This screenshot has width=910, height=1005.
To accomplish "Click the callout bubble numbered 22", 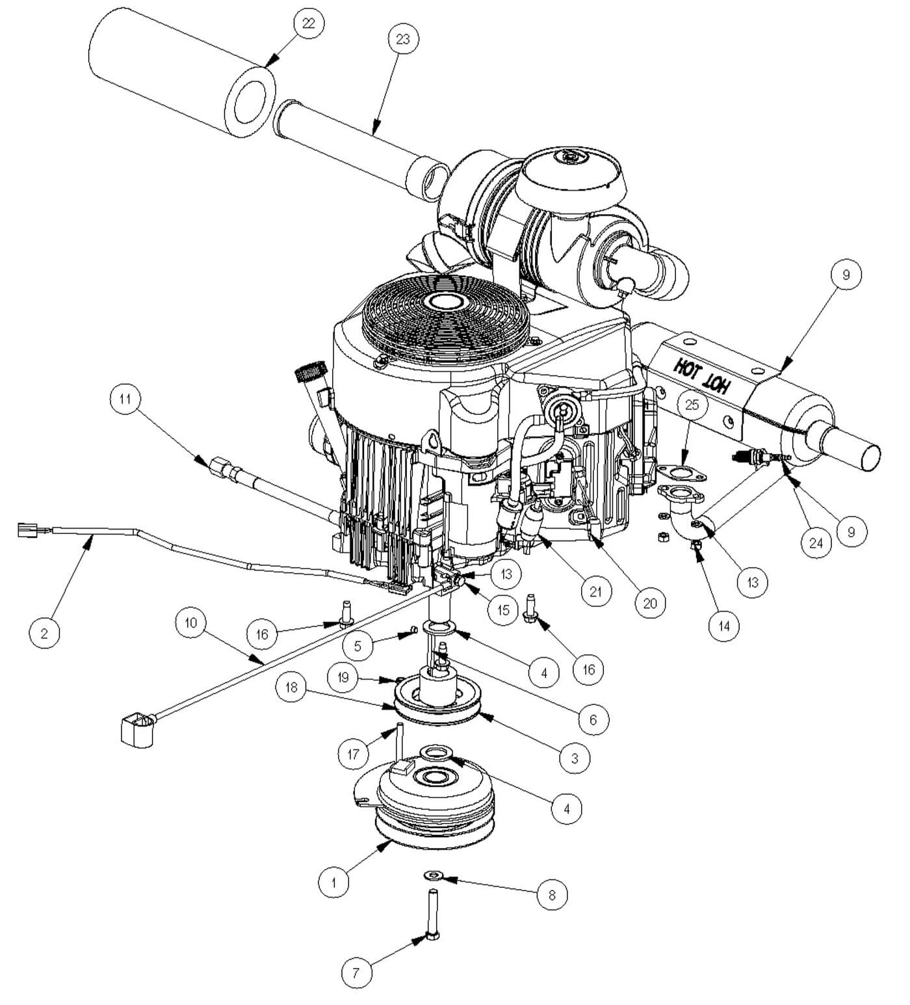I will coord(308,23).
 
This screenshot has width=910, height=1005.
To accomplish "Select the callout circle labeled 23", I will coord(403,39).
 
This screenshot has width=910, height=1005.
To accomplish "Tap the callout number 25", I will coord(692,405).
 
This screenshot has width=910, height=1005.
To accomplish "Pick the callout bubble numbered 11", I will coord(125,397).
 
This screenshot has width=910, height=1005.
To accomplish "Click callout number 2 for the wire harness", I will coord(44,632).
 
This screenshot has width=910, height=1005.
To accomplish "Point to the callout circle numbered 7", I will coord(356,973).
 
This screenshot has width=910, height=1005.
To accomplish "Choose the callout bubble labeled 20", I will coord(650,603).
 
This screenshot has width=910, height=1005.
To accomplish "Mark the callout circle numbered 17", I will coord(354,755).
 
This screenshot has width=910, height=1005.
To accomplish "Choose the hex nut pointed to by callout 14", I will coord(695,545).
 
